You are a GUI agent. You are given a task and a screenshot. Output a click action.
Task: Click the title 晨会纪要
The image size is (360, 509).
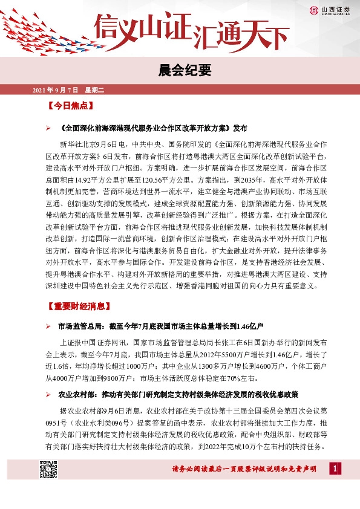tap(180, 70)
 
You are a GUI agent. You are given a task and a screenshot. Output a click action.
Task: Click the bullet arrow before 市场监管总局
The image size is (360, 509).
tap(48, 327)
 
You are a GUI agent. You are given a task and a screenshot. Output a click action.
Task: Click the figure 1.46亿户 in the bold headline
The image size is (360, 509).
tap(246, 327)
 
